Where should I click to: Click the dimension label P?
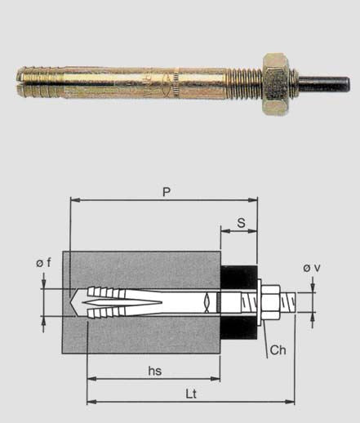click(x=167, y=192)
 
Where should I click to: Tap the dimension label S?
click(x=241, y=223)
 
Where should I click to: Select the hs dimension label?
click(x=155, y=371)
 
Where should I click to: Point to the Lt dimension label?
click(x=191, y=394)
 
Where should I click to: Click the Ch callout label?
click(x=278, y=350)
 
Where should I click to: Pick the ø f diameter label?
click(x=43, y=263)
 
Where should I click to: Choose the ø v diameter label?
click(x=312, y=268)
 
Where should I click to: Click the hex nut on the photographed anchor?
click(x=276, y=84)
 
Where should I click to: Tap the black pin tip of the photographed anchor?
click(x=324, y=84)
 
